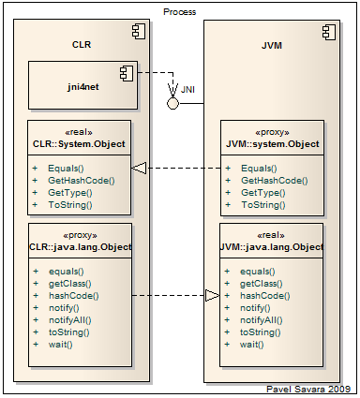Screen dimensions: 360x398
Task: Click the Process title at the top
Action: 180,12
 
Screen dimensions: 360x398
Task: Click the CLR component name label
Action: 82,45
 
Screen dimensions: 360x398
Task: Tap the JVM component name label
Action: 272,46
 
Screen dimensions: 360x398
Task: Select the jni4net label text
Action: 83,86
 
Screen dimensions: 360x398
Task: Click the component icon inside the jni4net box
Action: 127,73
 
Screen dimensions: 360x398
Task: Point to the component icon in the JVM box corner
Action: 329,33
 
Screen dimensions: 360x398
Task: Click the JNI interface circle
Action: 172,103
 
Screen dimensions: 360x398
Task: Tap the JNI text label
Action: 187,90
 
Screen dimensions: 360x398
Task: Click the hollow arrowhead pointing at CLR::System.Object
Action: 139,169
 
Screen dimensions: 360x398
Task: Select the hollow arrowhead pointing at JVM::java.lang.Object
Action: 213,295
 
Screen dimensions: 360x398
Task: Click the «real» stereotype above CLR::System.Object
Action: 79,132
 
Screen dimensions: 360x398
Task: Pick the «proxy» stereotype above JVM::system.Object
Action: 272,132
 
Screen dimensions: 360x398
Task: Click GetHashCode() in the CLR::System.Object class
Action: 82,181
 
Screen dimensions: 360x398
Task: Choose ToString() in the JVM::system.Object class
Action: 263,205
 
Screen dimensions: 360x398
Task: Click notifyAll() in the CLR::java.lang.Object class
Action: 70,320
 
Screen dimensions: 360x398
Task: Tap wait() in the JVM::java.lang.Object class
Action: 252,345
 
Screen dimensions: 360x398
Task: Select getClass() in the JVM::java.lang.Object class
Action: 262,284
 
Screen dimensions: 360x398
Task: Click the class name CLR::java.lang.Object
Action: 81,247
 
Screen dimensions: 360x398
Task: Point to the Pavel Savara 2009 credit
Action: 308,389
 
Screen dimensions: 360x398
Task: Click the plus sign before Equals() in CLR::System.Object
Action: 35,169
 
